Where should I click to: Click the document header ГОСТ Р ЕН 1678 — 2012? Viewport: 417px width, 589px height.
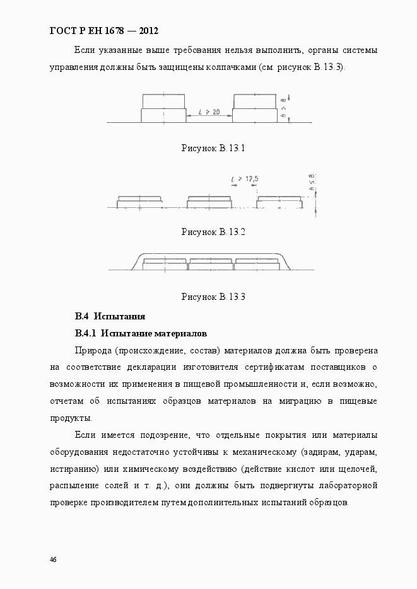coord(103,31)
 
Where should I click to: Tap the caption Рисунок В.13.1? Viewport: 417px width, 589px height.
coord(213,149)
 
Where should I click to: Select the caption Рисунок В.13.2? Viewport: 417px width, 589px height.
coord(213,232)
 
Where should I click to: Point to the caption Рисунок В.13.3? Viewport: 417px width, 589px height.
coord(213,296)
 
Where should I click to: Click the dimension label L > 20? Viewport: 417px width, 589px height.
coord(209,112)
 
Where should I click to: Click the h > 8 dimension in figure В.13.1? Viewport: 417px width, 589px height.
coord(284,108)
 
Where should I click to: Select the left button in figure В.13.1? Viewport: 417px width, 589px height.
coord(163,108)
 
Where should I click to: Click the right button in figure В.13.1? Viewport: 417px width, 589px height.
coord(254,108)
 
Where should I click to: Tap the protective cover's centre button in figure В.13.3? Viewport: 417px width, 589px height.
coord(211,263)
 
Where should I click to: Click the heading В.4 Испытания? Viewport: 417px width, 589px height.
coord(110,316)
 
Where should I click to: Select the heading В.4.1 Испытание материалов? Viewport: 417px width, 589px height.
coord(141,333)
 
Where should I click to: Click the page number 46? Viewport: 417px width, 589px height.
coord(54,559)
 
